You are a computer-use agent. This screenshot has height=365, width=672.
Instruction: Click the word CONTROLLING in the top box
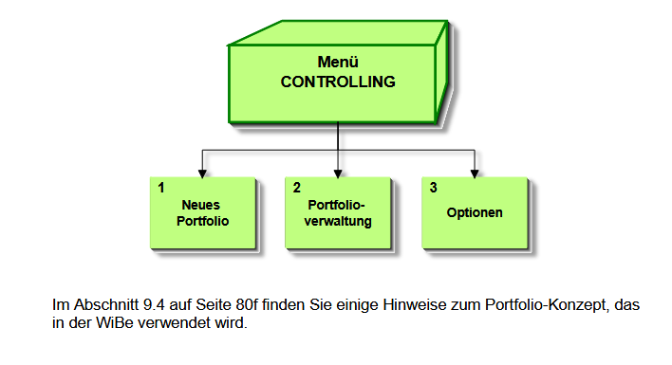pyautogui.click(x=337, y=82)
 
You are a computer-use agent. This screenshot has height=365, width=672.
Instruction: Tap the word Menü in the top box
pyautogui.click(x=337, y=63)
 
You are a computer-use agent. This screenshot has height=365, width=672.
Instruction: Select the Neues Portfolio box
pyautogui.click(x=203, y=212)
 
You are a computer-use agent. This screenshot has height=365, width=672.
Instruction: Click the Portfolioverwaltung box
pyautogui.click(x=339, y=212)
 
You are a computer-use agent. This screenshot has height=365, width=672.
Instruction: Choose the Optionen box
pyautogui.click(x=475, y=212)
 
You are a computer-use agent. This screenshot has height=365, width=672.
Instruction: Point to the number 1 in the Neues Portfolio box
pyautogui.click(x=162, y=188)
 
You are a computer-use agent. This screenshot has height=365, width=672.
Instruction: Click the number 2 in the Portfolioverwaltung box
pyautogui.click(x=298, y=188)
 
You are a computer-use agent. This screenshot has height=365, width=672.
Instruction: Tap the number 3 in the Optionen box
pyautogui.click(x=434, y=188)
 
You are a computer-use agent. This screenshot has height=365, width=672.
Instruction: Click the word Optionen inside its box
pyautogui.click(x=475, y=213)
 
